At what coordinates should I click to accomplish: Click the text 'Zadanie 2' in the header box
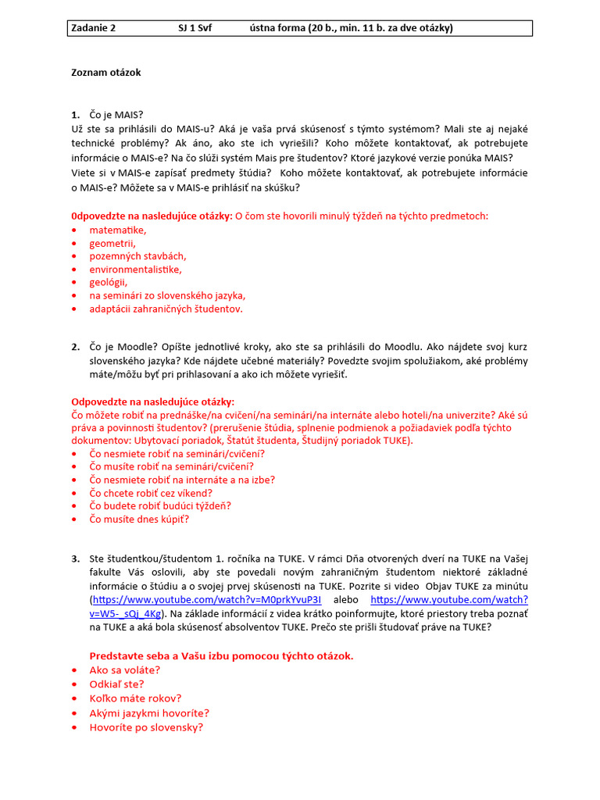click(93, 28)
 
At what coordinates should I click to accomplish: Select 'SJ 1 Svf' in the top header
click(195, 28)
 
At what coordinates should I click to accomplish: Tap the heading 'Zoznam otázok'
click(105, 73)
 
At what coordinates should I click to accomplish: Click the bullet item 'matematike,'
click(117, 230)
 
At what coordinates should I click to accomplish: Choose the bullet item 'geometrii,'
click(112, 243)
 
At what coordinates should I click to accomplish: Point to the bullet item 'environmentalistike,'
click(135, 269)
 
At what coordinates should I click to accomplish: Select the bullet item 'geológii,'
click(108, 282)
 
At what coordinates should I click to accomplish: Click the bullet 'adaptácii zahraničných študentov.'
click(166, 309)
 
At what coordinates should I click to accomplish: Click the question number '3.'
click(76, 559)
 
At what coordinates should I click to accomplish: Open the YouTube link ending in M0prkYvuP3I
click(206, 599)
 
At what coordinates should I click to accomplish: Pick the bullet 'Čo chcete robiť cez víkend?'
click(151, 493)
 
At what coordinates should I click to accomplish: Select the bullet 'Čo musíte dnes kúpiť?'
click(139, 519)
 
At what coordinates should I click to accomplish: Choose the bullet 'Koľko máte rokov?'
click(135, 698)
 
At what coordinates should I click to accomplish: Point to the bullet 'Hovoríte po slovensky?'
click(146, 727)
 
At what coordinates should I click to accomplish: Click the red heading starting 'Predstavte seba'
click(221, 655)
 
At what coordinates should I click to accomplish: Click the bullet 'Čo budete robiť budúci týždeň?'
click(160, 505)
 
